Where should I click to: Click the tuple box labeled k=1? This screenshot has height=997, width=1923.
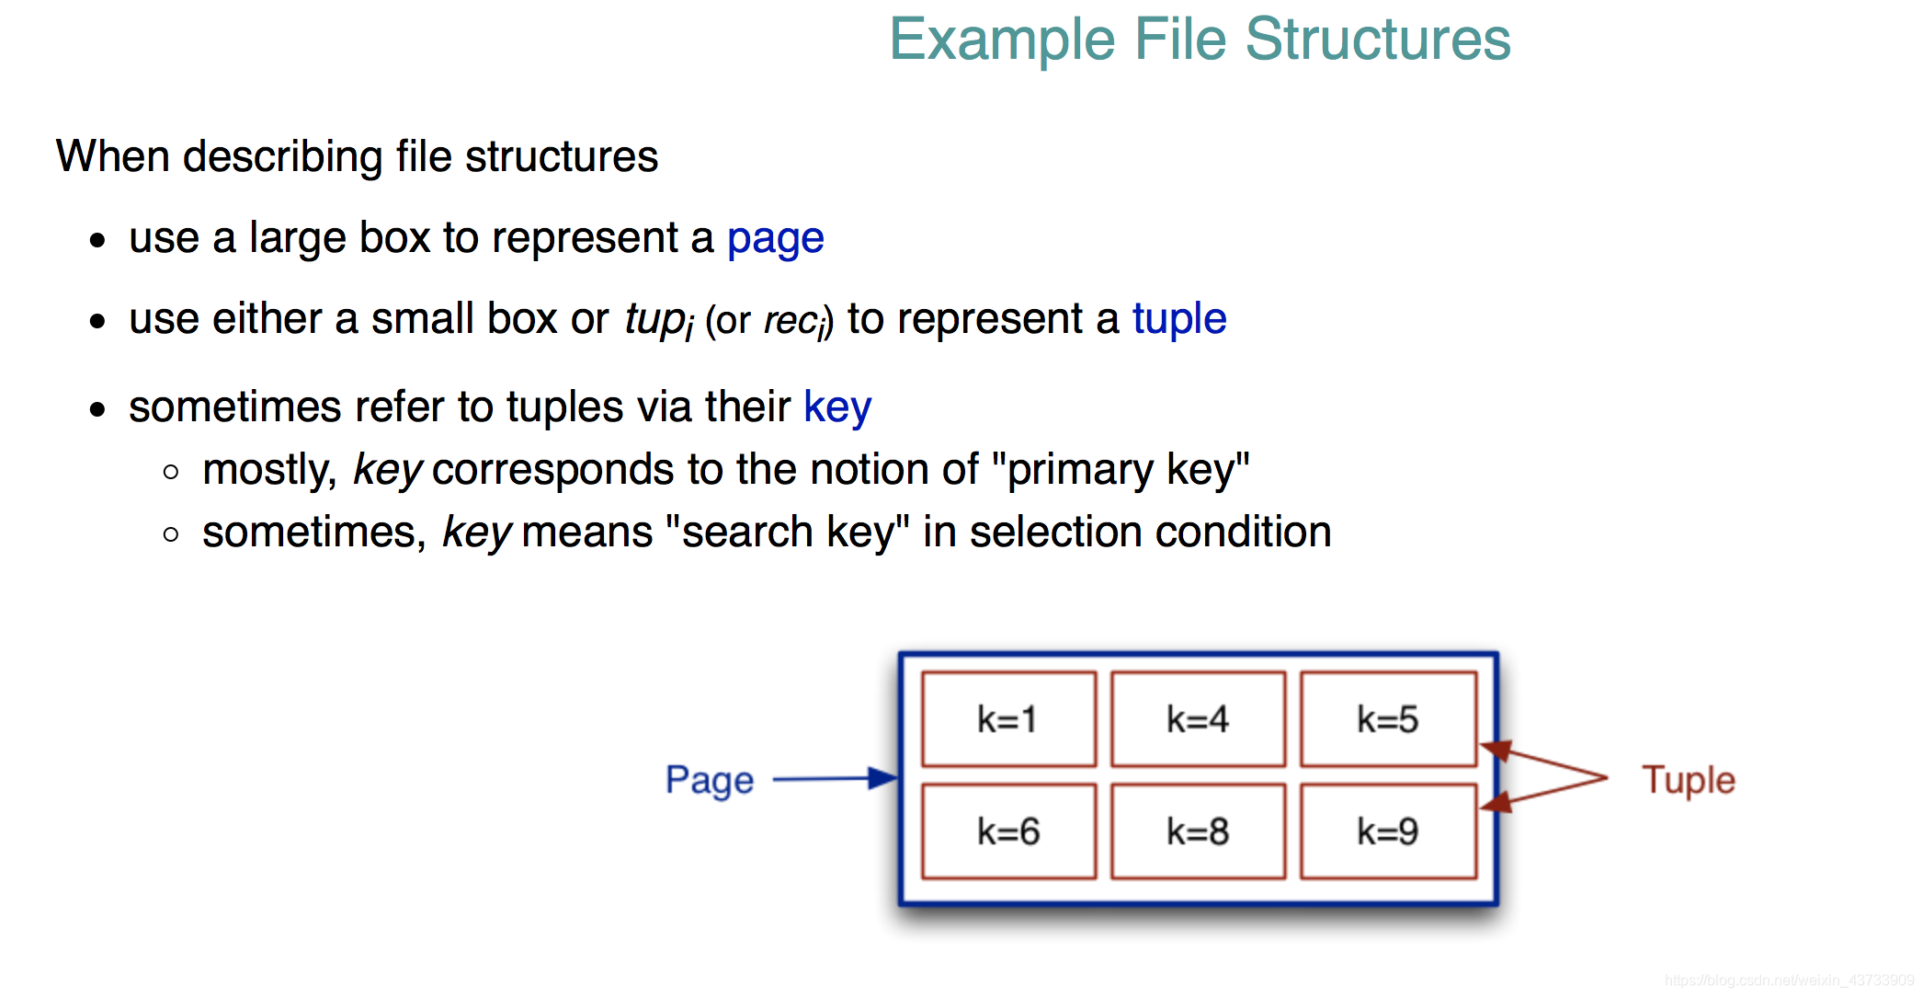[x=1008, y=719]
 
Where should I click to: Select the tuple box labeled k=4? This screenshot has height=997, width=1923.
[x=1198, y=719]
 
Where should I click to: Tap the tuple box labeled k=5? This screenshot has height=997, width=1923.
[x=1388, y=719]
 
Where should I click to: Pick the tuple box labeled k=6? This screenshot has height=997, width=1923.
[x=1008, y=831]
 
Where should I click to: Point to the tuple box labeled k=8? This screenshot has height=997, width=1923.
[x=1198, y=831]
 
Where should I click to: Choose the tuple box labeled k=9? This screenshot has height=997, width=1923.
[x=1388, y=831]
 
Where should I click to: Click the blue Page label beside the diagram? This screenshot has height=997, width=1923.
[x=710, y=781]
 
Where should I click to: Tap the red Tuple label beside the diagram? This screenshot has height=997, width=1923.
[x=1689, y=780]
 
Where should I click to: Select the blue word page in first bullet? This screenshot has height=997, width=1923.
[x=775, y=240]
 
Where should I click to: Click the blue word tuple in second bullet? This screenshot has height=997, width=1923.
[x=1179, y=319]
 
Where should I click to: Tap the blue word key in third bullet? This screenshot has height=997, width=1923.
[x=837, y=407]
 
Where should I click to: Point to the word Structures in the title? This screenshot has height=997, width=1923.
[x=1378, y=40]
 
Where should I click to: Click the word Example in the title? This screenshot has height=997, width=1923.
[x=1003, y=41]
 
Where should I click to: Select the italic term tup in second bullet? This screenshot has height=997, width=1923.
[x=655, y=320]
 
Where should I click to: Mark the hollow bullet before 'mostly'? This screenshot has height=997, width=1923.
[x=171, y=473]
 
